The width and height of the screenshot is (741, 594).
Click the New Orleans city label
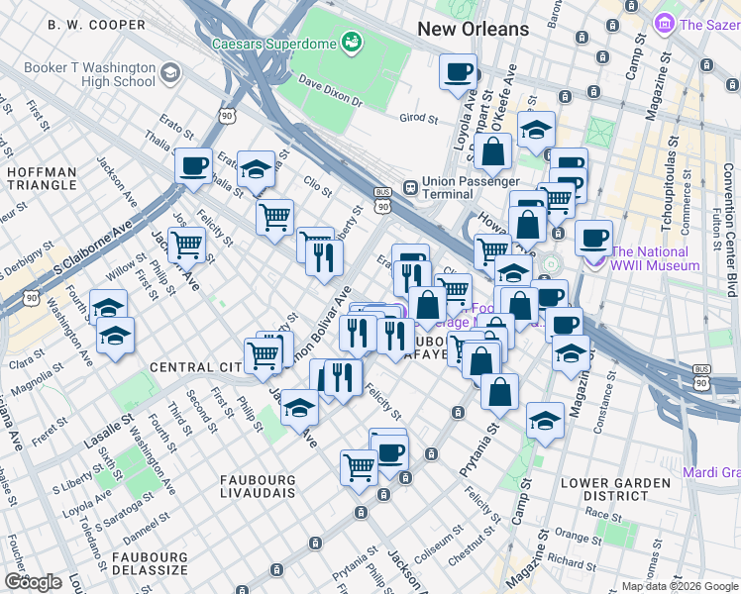click(x=473, y=29)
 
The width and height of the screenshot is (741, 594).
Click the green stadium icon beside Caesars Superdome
click(x=350, y=42)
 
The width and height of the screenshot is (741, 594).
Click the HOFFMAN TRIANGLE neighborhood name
click(x=41, y=178)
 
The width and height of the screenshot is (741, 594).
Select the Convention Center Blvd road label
click(x=729, y=208)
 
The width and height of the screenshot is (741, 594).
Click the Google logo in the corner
click(x=33, y=582)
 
